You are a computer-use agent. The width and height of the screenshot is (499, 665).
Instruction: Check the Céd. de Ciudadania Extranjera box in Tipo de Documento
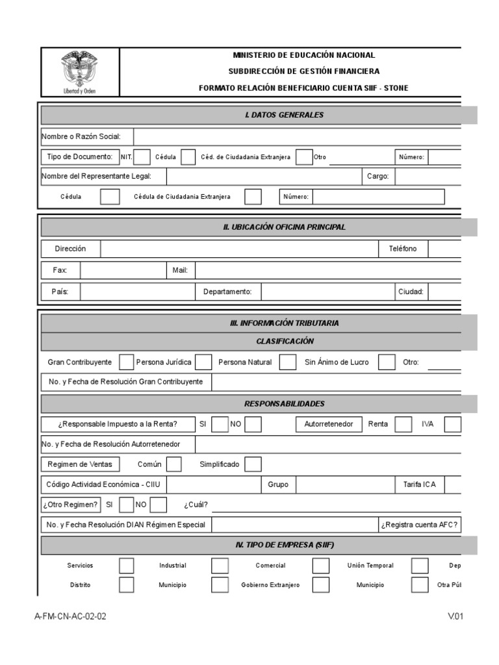(303, 157)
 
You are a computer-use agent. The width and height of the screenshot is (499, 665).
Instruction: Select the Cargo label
(377, 177)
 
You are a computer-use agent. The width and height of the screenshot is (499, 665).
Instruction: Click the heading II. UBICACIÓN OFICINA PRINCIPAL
(284, 227)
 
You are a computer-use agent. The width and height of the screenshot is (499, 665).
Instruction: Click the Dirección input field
(239, 249)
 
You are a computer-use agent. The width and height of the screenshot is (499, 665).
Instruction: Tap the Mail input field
(328, 270)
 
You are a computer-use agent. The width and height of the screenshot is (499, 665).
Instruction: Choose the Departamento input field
(327, 292)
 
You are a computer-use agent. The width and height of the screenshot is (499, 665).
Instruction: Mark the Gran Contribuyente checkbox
(126, 362)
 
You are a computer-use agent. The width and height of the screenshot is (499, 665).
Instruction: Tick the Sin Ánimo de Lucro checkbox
(387, 362)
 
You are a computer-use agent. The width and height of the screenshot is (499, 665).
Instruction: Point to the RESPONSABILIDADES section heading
(284, 403)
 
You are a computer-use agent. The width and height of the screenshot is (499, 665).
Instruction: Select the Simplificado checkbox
(253, 464)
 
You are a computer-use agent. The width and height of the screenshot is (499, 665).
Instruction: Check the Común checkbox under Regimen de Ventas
(174, 464)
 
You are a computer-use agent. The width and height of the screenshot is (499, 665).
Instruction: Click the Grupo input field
(345, 484)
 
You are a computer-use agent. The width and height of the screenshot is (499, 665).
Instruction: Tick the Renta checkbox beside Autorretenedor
(403, 424)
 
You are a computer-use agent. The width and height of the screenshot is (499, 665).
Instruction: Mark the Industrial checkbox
(220, 565)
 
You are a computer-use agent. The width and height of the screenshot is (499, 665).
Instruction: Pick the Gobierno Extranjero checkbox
(320, 584)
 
